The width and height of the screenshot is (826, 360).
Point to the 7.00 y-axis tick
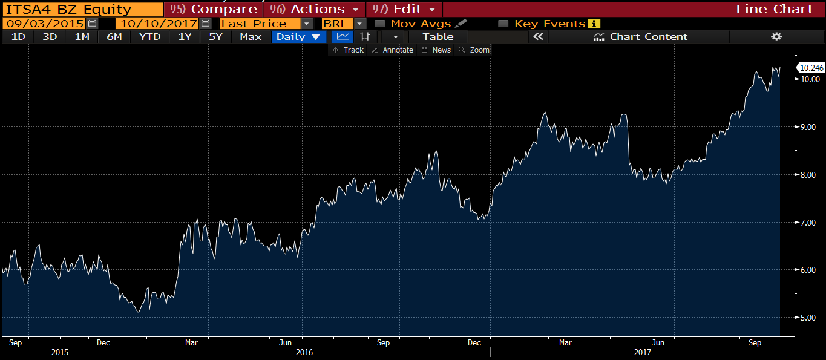click(810, 223)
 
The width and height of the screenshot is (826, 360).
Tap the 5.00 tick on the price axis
click(810, 318)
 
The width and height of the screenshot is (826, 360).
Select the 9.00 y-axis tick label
click(810, 127)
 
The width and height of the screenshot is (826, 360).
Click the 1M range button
click(82, 37)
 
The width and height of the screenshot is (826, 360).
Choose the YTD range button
click(149, 37)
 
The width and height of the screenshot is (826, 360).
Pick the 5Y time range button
click(215, 37)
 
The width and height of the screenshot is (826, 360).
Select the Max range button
click(251, 37)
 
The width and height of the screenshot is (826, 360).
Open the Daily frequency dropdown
click(298, 37)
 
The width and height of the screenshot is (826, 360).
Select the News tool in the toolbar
click(436, 50)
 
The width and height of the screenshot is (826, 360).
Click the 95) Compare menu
click(213, 9)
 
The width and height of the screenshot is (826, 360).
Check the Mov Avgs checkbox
click(380, 24)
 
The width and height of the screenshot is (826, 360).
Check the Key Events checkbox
click(503, 24)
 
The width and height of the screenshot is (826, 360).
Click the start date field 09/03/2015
click(44, 24)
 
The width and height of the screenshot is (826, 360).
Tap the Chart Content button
click(641, 37)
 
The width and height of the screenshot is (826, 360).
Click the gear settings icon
click(776, 37)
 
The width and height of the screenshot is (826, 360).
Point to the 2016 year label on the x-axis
click(304, 352)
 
